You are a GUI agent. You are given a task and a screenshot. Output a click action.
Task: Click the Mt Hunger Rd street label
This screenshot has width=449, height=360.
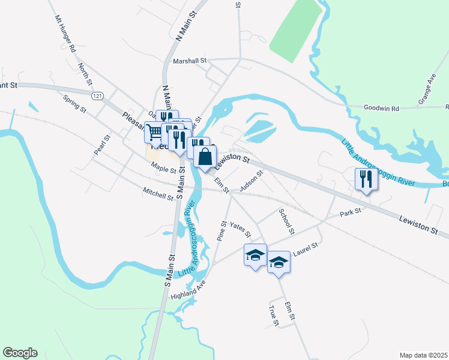pos(64,34)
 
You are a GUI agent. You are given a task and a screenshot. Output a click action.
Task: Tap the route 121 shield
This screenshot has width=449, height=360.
pos(97,96)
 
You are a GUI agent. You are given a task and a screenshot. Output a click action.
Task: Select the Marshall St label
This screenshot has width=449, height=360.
pos(189,61)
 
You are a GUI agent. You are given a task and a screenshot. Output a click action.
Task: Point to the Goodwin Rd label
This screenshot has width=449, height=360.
pos(381,109)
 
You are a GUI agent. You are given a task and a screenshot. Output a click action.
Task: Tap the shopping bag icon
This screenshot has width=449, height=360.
pos(205,157)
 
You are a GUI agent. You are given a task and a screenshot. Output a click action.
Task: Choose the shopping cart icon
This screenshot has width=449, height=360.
pos(154,131)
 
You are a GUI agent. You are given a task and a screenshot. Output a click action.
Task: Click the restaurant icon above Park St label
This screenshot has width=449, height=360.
pos(365,178)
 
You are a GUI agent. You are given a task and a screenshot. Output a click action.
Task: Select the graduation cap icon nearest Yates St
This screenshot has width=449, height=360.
pos(255,255)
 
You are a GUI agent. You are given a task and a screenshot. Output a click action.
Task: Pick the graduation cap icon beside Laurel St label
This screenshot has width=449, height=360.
pos(278,262)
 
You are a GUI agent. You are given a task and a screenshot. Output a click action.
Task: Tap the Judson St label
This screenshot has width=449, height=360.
pos(252,181)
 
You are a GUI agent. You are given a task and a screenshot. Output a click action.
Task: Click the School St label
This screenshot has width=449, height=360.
pos(287,221)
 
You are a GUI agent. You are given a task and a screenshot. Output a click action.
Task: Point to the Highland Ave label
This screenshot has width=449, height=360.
pos(188,289)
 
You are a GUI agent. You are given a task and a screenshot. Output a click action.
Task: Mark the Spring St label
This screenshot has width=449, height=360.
pos(75,105)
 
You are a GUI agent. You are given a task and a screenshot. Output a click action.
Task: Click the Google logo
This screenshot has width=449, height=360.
pos(20,353)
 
